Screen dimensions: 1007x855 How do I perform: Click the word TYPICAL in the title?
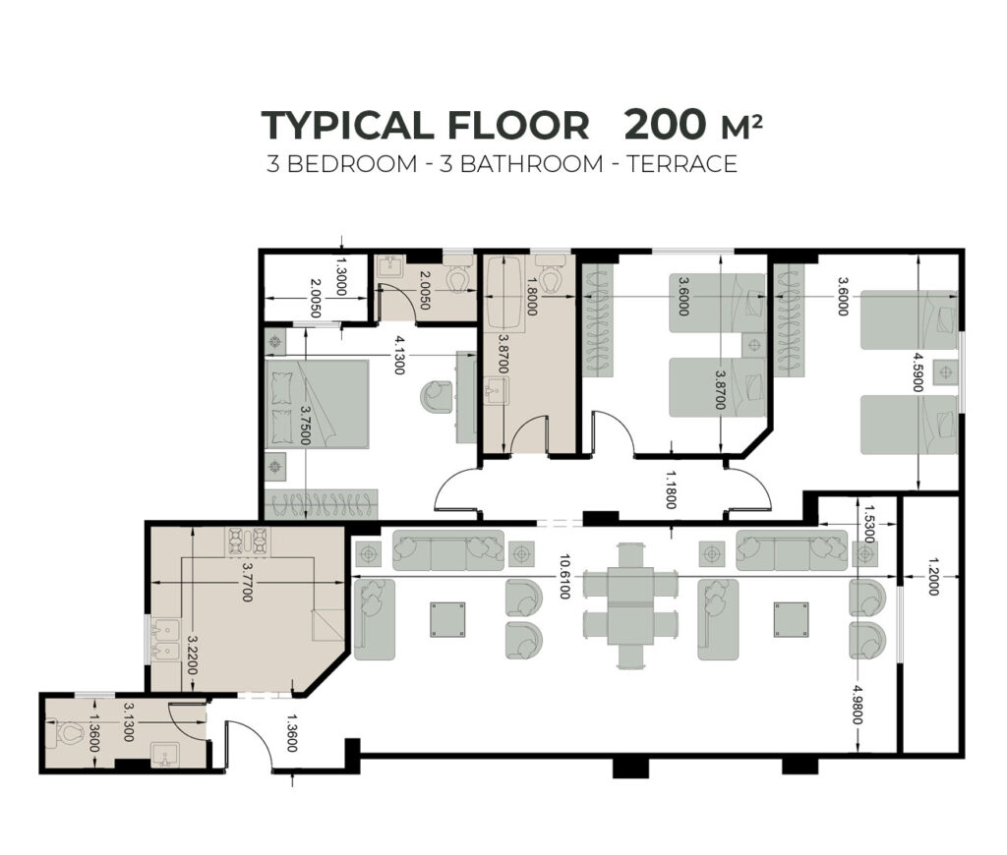[347, 125]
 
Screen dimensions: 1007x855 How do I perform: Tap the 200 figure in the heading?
[666, 125]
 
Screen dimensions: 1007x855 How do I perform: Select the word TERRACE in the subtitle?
[682, 164]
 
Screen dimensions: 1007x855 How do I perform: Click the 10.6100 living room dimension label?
[563, 577]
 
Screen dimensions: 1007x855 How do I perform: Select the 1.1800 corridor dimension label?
[671, 489]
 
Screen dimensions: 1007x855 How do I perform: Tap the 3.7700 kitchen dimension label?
[247, 583]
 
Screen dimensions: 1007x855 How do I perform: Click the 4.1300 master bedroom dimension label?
[399, 355]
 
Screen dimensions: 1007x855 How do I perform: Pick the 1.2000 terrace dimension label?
[933, 577]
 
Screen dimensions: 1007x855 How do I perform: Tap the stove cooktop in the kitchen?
[247, 541]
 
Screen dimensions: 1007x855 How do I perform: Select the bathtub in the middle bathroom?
[504, 293]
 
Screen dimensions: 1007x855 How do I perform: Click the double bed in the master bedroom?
[318, 404]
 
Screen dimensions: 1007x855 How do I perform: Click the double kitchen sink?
[164, 643]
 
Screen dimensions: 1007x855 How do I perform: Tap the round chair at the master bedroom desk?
[438, 397]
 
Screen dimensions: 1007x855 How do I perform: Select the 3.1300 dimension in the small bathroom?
[128, 721]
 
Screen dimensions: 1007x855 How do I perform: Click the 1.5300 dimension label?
[869, 523]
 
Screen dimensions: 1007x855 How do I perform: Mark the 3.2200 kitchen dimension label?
[192, 655]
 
